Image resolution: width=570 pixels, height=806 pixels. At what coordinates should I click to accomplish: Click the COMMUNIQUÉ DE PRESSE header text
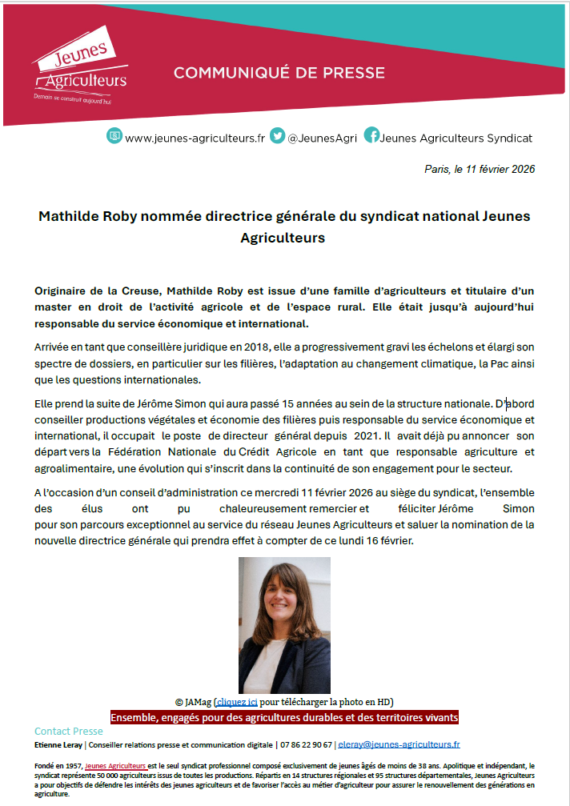(x=279, y=73)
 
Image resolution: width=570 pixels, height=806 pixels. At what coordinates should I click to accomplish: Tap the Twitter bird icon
(x=277, y=136)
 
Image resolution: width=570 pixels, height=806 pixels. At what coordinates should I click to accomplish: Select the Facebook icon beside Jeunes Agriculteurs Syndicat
(x=371, y=136)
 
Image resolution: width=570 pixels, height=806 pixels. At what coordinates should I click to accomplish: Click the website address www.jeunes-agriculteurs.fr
(x=195, y=138)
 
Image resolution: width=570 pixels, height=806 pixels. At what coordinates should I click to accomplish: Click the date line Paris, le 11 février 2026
(x=479, y=169)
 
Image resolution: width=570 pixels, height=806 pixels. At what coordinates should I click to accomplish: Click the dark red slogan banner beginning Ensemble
(x=284, y=716)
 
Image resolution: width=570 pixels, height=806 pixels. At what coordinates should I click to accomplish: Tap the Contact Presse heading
(x=69, y=731)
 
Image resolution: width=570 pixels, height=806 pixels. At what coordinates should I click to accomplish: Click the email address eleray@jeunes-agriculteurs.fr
(x=399, y=744)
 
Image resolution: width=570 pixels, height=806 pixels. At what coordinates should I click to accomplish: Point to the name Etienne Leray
(x=58, y=744)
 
